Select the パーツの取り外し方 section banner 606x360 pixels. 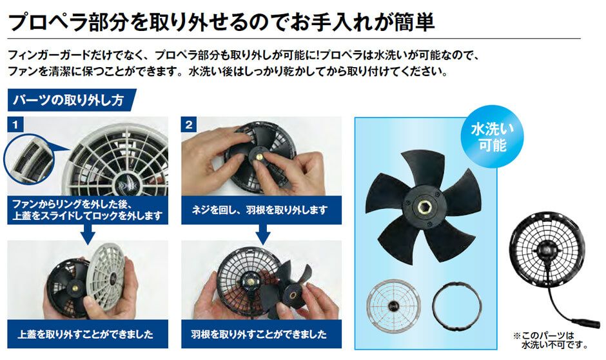(x=71, y=100)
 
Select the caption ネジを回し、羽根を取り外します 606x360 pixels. (x=260, y=210)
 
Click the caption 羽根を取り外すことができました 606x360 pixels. (x=260, y=335)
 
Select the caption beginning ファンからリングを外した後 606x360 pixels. (x=87, y=210)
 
